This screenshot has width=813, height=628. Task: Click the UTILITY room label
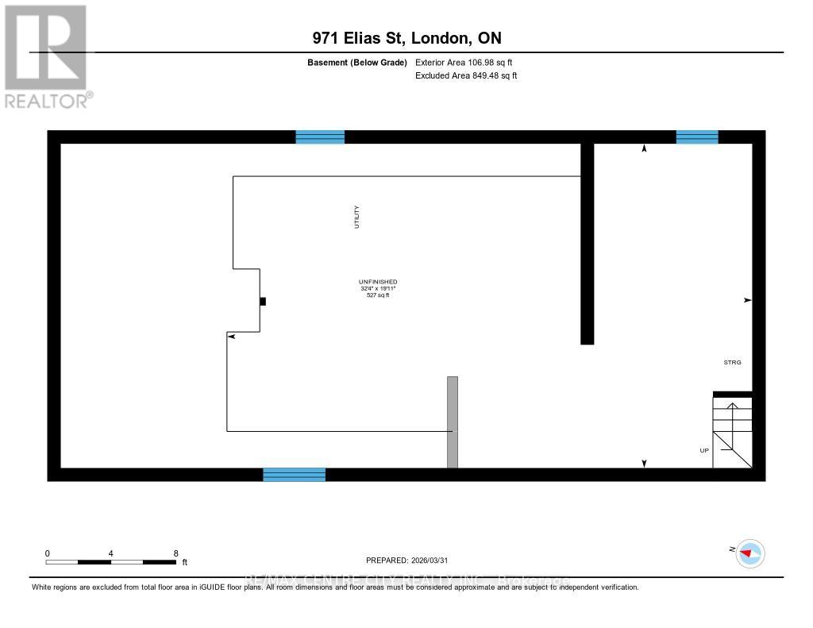coord(357,218)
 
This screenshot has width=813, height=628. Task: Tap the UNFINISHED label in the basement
coord(378,282)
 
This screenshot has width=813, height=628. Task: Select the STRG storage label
coord(732,362)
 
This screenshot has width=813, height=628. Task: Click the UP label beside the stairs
coord(703,450)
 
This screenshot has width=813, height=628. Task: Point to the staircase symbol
coord(732,433)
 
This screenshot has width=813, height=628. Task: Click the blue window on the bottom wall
coord(295,475)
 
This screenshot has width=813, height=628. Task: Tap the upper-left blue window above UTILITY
coord(320,137)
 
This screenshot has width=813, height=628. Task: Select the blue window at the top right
coord(697,137)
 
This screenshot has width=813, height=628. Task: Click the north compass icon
coord(749,553)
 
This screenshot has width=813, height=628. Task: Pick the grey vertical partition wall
coord(453,422)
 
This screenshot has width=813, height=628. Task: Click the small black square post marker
coord(263,301)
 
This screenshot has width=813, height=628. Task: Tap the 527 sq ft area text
coord(378,295)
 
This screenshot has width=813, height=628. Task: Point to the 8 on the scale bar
coord(175,553)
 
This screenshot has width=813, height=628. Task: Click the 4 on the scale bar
coord(111,553)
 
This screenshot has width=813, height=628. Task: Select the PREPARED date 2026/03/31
coord(412,560)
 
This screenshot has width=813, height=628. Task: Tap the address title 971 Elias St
coord(406,38)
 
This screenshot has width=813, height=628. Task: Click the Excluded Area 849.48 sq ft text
coord(466,76)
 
